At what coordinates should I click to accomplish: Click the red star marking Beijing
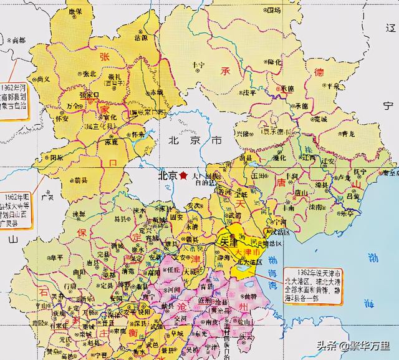tap(183, 177)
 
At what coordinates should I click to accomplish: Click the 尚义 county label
tap(44, 80)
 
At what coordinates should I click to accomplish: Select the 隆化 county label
tap(256, 62)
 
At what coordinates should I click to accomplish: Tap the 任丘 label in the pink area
tap(175, 270)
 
